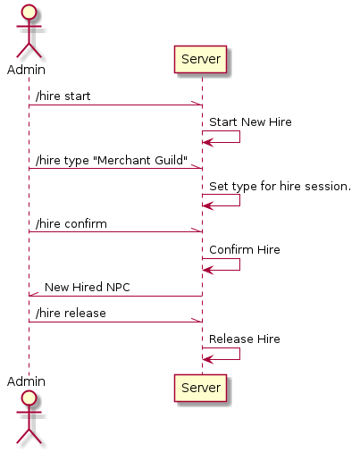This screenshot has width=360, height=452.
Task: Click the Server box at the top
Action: tap(200, 59)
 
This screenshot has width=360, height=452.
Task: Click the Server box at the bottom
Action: tap(200, 388)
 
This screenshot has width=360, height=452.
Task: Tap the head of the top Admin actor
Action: tap(29, 13)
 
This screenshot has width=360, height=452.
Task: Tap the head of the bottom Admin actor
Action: tap(29, 398)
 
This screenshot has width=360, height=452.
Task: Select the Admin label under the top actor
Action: tap(26, 70)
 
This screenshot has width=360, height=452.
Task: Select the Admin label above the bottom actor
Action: tap(26, 381)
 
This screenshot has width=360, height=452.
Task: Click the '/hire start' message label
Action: tap(63, 96)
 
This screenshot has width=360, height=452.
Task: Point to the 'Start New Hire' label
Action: tap(250, 122)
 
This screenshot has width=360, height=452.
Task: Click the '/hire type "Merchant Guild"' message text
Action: tap(112, 161)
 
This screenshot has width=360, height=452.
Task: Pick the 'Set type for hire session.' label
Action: tap(280, 187)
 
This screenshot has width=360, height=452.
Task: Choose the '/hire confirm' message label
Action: tap(71, 224)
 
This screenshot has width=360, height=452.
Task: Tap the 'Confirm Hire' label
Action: tap(245, 250)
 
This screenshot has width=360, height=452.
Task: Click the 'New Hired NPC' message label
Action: tap(88, 288)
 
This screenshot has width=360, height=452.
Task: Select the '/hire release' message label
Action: tap(71, 314)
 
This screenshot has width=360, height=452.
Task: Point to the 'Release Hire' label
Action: tap(245, 339)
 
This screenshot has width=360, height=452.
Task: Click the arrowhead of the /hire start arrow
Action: tap(197, 104)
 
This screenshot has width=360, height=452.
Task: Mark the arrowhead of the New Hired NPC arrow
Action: tap(33, 295)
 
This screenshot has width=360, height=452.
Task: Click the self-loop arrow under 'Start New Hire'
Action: tap(239, 137)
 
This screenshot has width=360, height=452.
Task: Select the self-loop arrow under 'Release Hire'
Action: tap(239, 354)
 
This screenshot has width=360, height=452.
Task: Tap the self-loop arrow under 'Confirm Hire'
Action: tap(239, 264)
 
